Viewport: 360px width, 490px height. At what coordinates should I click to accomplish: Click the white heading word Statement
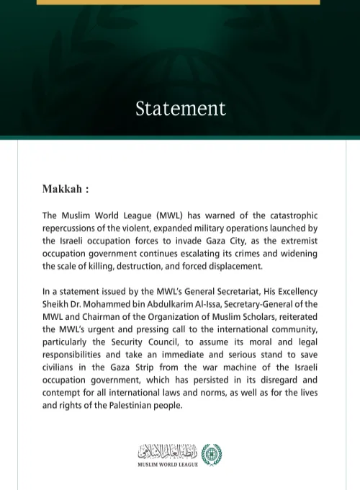click(180, 109)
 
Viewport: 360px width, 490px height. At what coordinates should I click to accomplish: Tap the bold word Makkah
click(62, 190)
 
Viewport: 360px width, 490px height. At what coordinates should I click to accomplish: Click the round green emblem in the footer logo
click(211, 455)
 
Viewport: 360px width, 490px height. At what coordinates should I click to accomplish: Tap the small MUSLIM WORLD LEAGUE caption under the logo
click(168, 465)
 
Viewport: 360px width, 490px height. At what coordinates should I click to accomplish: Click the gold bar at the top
click(178, 2)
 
